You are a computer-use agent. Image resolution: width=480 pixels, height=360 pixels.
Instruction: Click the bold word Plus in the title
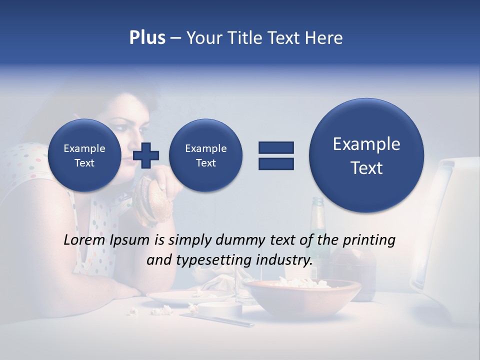click(147, 38)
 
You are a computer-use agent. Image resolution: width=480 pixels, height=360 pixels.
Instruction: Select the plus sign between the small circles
click(146, 155)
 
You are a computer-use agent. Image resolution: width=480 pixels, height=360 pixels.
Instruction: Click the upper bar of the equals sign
click(276, 147)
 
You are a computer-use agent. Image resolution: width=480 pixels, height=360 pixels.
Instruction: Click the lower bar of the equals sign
click(276, 163)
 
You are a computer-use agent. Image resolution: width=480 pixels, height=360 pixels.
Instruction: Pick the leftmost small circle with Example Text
click(84, 155)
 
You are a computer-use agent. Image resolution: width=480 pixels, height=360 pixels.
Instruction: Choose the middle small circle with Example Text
click(205, 155)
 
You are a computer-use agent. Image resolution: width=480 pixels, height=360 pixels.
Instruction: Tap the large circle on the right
click(366, 155)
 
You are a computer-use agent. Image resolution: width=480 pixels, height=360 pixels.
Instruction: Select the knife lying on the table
click(217, 320)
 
